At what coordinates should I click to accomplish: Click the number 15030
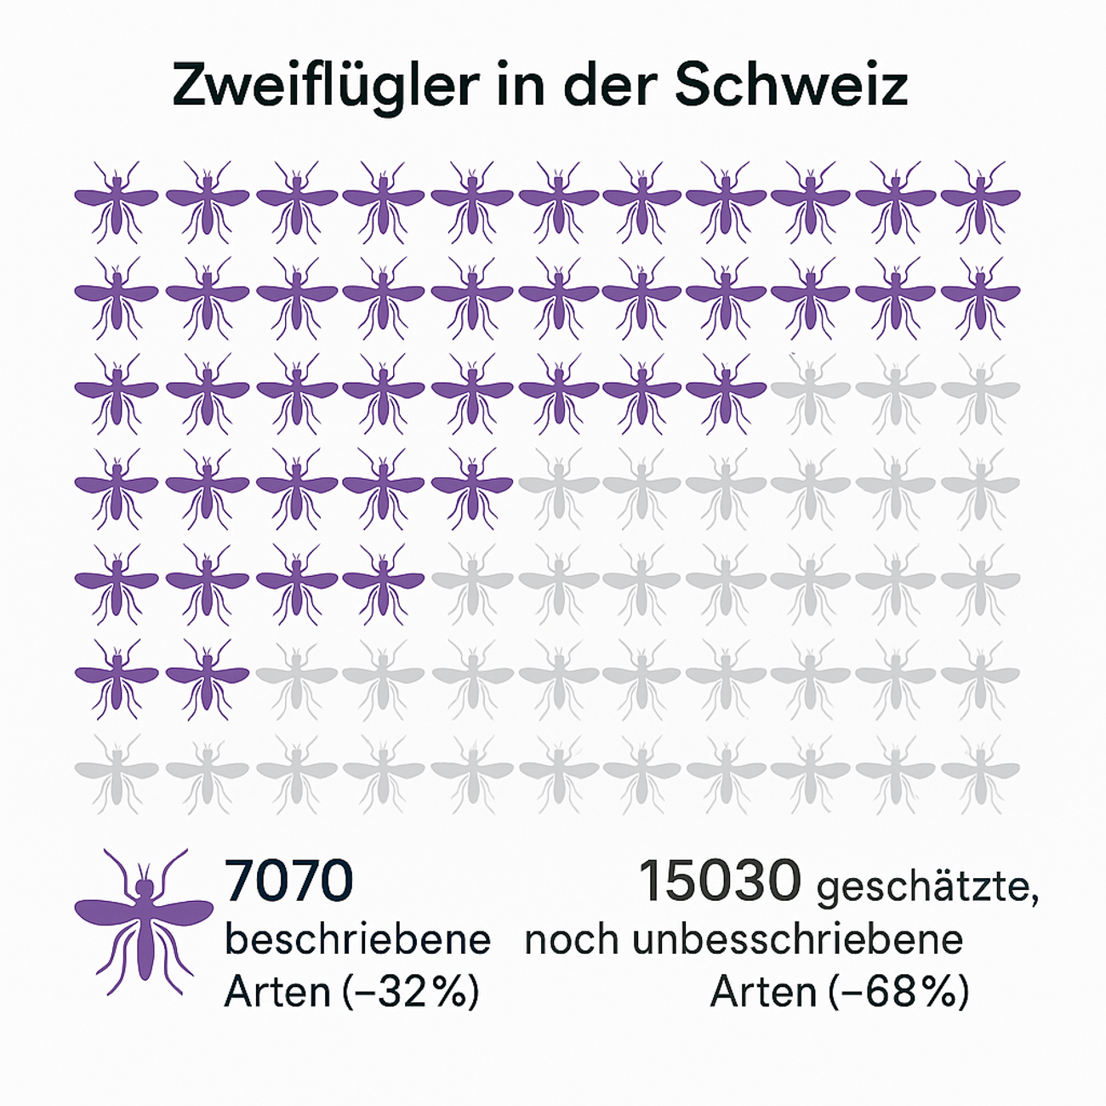coord(720,881)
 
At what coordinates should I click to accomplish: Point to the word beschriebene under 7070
coord(357,939)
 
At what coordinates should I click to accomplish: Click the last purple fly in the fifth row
coord(383,584)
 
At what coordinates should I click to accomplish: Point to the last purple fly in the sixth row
coord(207,679)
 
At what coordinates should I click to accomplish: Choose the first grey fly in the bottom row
coord(117,772)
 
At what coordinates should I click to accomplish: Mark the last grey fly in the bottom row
coord(980,772)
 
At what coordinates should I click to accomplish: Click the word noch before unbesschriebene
coord(571,939)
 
